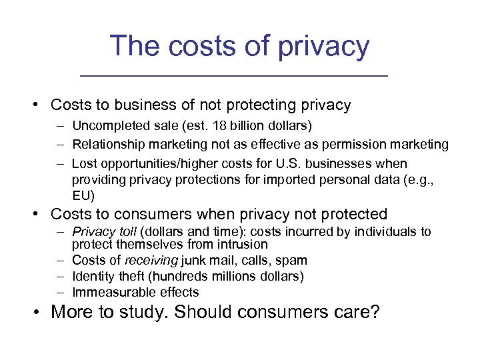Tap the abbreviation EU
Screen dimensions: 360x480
click(84, 195)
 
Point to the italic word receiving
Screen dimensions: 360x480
click(149, 260)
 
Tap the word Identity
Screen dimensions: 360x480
click(92, 276)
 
